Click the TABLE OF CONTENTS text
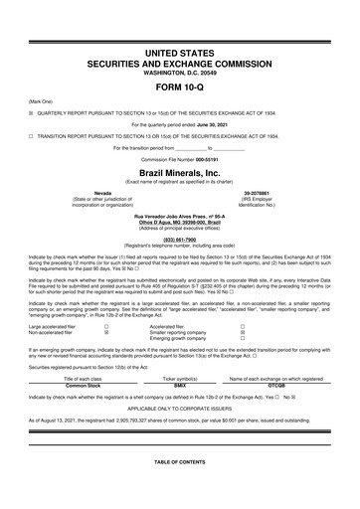pos(180,464)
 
